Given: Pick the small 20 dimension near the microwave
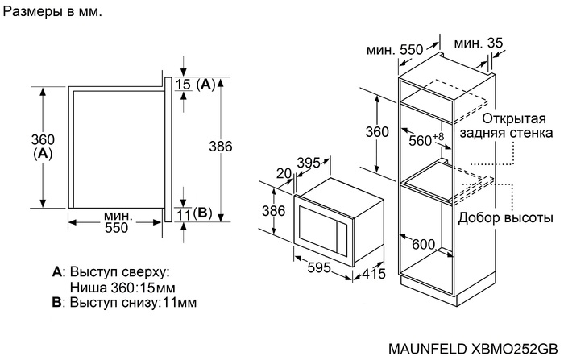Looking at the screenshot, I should coord(283,172).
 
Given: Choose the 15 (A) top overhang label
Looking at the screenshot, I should coord(197,84).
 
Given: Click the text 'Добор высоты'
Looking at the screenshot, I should coord(505,217).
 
